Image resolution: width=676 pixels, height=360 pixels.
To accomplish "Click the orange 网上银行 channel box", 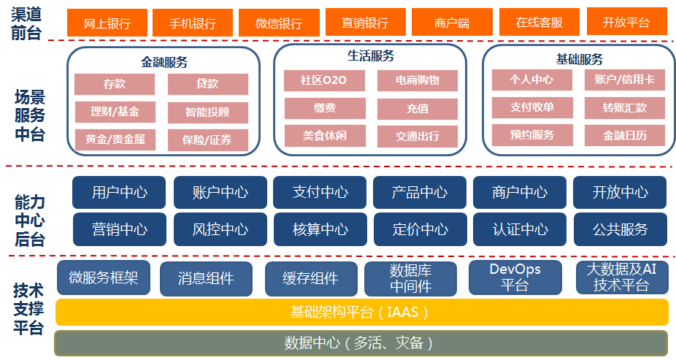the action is pyautogui.click(x=107, y=23).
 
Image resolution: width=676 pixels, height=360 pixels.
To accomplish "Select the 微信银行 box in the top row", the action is pyautogui.click(x=279, y=23).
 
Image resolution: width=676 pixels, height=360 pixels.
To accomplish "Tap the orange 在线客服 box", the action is pyautogui.click(x=539, y=22).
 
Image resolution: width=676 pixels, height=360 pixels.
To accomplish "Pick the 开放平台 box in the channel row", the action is pyautogui.click(x=626, y=21).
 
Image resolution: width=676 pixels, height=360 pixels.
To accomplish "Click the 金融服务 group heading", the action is pyautogui.click(x=164, y=62).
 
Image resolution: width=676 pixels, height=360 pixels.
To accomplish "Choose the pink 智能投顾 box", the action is pyautogui.click(x=208, y=112).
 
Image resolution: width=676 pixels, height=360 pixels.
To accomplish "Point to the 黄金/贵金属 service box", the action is pyautogui.click(x=115, y=139).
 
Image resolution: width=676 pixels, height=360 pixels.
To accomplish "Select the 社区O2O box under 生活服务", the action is pyautogui.click(x=324, y=80).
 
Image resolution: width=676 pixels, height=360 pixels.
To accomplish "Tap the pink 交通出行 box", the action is pyautogui.click(x=418, y=137).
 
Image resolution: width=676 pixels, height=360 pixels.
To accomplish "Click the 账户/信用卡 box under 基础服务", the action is pyautogui.click(x=624, y=80).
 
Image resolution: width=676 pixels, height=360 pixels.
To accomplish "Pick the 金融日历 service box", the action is pyautogui.click(x=624, y=135).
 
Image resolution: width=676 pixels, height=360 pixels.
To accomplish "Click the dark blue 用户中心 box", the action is pyautogui.click(x=119, y=192).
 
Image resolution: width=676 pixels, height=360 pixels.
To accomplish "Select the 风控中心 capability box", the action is pyautogui.click(x=220, y=229).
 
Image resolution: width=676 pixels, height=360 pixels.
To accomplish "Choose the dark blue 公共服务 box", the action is pyautogui.click(x=620, y=229).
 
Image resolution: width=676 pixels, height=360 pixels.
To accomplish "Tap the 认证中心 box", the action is pyautogui.click(x=520, y=229).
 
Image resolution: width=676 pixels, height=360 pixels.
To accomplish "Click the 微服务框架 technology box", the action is pyautogui.click(x=104, y=277).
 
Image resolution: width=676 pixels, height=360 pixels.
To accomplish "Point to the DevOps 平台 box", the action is pyautogui.click(x=515, y=277).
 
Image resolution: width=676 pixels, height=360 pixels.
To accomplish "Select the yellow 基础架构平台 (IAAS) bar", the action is pyautogui.click(x=361, y=312).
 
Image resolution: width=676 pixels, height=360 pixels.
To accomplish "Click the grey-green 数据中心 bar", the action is pyautogui.click(x=361, y=343).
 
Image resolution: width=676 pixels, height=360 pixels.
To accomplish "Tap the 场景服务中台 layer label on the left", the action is pyautogui.click(x=30, y=115).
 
